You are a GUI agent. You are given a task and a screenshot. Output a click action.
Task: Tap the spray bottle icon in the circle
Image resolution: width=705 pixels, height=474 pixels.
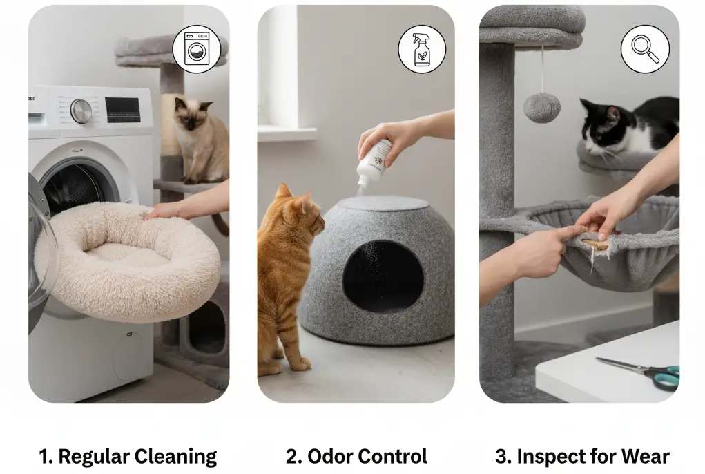(x=422, y=50)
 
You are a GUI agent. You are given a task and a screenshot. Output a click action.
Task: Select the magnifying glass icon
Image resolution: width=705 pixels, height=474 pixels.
(x=645, y=49)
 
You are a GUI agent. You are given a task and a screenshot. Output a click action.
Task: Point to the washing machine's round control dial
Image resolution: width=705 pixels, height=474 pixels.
(x=81, y=111)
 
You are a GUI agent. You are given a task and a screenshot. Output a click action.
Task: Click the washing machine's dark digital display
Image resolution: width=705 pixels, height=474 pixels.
(x=122, y=109)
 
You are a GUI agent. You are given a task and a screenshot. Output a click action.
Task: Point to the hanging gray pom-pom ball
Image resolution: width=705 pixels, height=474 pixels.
(x=541, y=108)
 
